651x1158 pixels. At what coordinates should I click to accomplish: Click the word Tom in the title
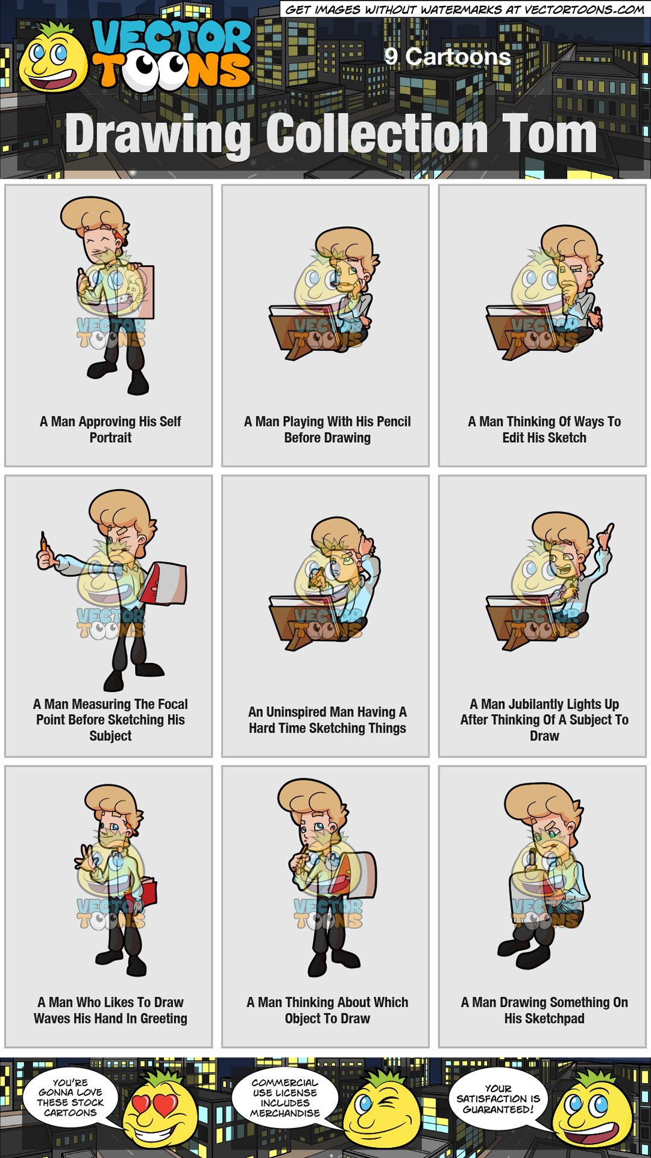click(549, 134)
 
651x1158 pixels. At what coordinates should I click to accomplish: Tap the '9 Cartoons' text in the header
click(447, 57)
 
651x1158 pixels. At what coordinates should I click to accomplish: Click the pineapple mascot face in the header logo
click(52, 60)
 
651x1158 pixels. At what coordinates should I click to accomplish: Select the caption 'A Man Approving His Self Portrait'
click(110, 429)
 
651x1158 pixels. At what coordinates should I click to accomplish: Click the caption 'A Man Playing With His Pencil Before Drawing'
click(327, 429)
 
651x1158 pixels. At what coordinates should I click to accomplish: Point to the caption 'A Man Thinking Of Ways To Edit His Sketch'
click(544, 429)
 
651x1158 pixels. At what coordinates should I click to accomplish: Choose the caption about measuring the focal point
click(110, 720)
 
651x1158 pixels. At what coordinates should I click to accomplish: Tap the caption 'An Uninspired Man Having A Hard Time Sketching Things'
click(327, 720)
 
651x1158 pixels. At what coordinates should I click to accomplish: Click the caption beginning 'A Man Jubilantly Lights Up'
click(544, 720)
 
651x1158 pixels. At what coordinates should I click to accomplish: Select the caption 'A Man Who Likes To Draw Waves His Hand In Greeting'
click(110, 1010)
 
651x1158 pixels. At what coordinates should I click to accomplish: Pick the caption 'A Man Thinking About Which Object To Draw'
click(327, 1010)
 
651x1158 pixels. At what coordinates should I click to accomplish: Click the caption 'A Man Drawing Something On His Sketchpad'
click(544, 1010)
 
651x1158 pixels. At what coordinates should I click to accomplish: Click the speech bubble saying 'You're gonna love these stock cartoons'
click(71, 1098)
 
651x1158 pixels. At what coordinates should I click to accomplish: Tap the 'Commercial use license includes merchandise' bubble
click(285, 1098)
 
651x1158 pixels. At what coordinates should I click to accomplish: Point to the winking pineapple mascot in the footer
click(380, 1110)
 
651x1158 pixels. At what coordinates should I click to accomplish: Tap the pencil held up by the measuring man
click(43, 542)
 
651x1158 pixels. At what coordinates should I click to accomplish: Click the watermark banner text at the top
click(464, 9)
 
